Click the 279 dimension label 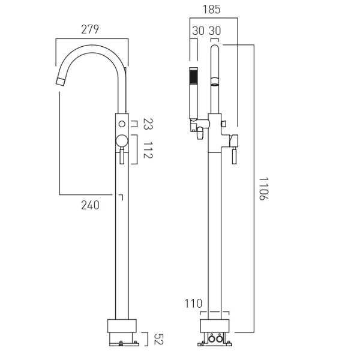coord(90,29)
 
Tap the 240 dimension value coord(90,205)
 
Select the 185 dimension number coord(211,10)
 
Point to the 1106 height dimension coord(263,189)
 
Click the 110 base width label coord(193,304)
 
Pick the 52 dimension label coord(158,339)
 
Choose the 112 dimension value coord(148,150)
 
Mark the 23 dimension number coord(148,124)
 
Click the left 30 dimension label coord(198,31)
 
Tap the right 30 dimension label coord(215,31)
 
